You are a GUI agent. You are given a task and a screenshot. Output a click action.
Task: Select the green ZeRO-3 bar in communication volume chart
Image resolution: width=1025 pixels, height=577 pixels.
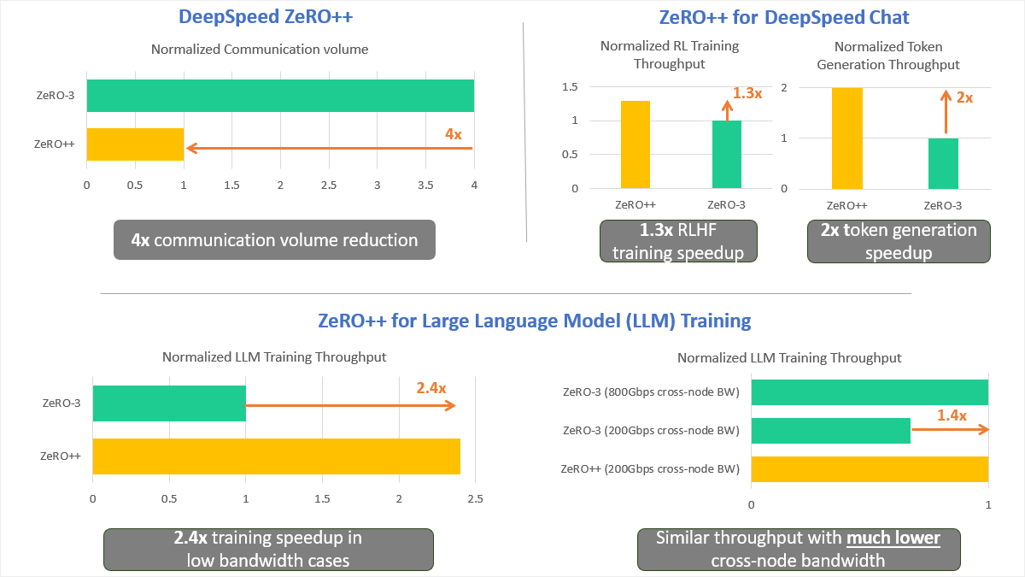coord(280,96)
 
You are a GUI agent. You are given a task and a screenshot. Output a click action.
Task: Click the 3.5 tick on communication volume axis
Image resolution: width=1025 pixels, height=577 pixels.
coord(425,185)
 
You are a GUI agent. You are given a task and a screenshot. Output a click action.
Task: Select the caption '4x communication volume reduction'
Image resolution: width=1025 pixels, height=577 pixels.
coord(274,240)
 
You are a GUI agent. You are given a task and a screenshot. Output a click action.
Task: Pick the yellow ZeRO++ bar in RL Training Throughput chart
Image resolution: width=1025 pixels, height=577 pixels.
coord(635,144)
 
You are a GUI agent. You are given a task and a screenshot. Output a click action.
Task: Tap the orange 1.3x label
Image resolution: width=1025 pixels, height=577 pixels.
coord(747,92)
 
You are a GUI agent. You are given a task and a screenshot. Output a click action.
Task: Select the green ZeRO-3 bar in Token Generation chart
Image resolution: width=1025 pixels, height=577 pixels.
coord(944,163)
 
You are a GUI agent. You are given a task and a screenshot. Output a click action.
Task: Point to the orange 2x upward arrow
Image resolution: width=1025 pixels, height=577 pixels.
coord(945,115)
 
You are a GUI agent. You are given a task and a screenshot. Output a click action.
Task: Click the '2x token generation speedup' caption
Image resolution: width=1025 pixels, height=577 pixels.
coord(899,241)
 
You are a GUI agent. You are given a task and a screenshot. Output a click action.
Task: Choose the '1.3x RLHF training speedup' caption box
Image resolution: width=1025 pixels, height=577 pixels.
coord(677,241)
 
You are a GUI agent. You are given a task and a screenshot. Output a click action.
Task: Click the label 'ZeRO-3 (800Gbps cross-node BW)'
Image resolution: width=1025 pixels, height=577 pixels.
coord(651,392)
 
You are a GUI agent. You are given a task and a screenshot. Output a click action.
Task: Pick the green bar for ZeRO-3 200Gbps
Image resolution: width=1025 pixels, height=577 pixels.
coord(830,431)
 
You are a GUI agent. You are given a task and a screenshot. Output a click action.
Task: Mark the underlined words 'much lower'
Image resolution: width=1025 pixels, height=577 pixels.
coord(894,539)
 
